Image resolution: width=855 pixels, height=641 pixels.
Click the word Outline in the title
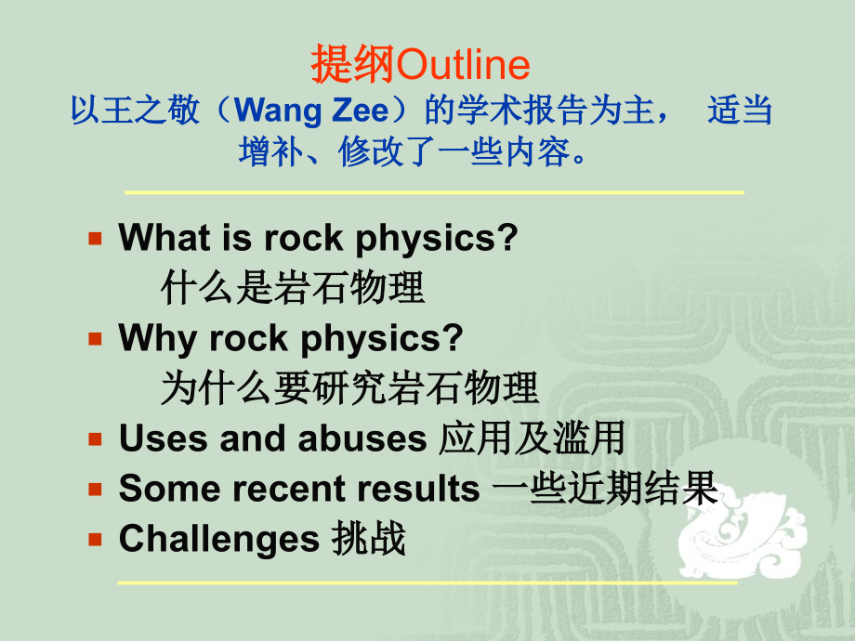[463, 66]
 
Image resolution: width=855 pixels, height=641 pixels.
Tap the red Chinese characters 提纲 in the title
[352, 66]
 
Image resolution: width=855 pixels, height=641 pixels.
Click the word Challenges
[219, 539]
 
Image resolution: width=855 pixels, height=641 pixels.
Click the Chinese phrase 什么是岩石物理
[293, 288]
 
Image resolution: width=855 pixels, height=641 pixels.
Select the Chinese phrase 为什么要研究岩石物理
[349, 388]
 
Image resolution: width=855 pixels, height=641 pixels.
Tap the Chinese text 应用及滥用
[531, 438]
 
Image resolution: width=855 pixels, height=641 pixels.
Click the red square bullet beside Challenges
[94, 539]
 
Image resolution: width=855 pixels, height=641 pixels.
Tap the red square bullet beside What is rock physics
[94, 239]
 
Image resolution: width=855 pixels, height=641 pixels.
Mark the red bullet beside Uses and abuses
[94, 439]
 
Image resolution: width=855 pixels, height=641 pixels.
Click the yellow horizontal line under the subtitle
[434, 192]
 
